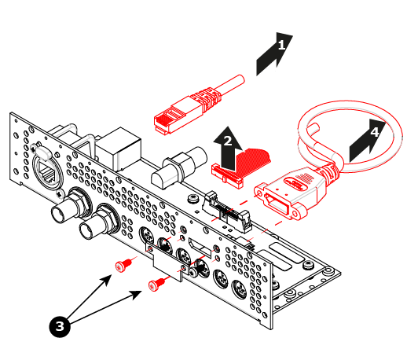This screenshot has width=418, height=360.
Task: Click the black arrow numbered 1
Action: (x=273, y=55)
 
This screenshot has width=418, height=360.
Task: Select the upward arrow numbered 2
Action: (x=227, y=149)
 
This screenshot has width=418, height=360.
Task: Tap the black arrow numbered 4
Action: (x=367, y=141)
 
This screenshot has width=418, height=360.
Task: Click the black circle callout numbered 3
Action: (x=60, y=326)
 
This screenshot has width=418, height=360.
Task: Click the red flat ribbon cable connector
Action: (x=227, y=176)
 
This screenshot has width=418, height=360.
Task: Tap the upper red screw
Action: (x=123, y=266)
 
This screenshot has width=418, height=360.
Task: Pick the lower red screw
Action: (x=157, y=285)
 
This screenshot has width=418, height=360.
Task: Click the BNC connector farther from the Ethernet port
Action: (x=99, y=222)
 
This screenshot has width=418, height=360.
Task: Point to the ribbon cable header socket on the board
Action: (x=226, y=212)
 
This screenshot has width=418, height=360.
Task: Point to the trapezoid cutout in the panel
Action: (x=200, y=248)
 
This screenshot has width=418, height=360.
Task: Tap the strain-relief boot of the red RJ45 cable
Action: (x=208, y=99)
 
